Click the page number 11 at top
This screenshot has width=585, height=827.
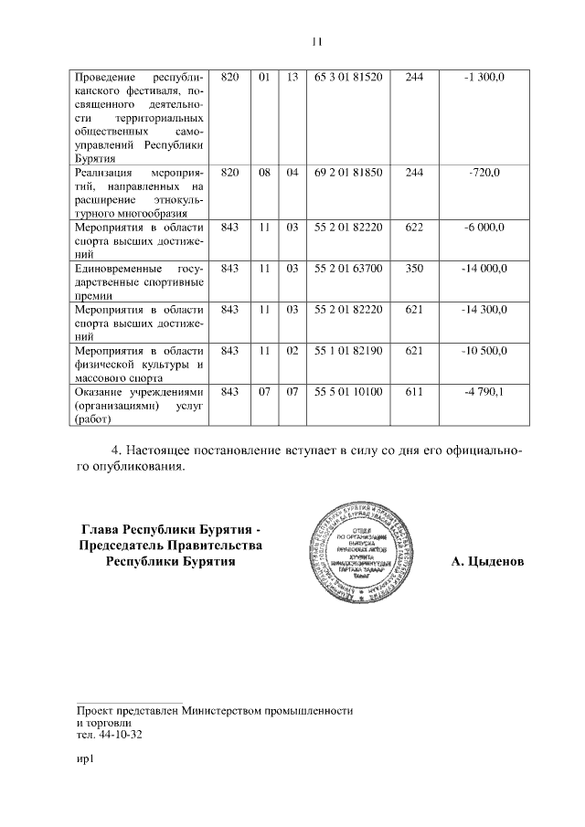coord(317,41)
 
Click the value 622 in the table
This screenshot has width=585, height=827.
coord(413,227)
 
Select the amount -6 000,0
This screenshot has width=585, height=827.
coord(484,227)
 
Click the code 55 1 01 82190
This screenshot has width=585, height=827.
coord(347,351)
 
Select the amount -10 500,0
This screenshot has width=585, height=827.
coord(484,351)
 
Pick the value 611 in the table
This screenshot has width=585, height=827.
coord(413,392)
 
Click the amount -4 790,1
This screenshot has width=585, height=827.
coord(484,392)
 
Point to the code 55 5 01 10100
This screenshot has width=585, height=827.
coord(347,392)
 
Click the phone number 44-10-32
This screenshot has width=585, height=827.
coord(122,734)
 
